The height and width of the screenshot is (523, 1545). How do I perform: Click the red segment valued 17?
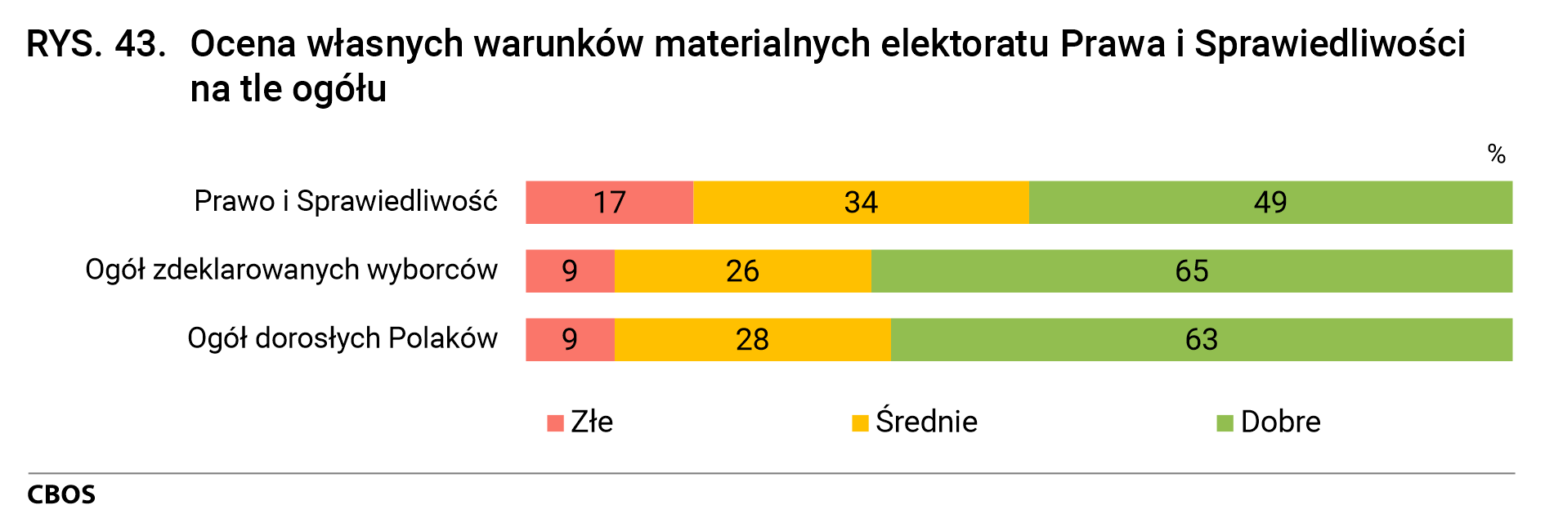(609, 202)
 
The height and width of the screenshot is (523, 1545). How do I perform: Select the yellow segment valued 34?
(861, 202)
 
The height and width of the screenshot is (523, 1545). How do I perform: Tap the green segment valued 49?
(1270, 202)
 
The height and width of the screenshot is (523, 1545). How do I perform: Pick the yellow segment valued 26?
(742, 270)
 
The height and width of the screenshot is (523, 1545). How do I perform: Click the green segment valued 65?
(1191, 270)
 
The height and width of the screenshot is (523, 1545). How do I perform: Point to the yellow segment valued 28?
(752, 339)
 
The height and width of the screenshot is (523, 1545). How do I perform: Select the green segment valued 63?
(1201, 339)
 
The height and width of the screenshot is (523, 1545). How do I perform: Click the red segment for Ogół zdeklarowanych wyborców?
(570, 270)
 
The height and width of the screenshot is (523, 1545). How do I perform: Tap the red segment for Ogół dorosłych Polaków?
(570, 339)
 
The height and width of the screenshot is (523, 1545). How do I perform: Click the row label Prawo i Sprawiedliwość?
(345, 201)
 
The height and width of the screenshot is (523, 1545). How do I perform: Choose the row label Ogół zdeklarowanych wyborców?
(291, 270)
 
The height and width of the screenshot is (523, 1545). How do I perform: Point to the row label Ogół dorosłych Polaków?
(342, 338)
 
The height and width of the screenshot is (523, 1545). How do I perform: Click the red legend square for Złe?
(556, 423)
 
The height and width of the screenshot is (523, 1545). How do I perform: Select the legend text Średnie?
(926, 422)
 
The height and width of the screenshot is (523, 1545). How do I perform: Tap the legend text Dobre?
(1280, 422)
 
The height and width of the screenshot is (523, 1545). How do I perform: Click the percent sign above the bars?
(1496, 154)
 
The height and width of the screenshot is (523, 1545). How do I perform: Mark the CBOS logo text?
(61, 494)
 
